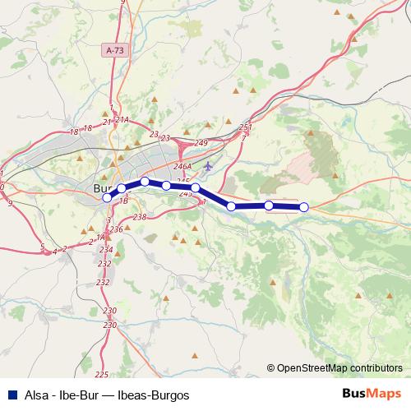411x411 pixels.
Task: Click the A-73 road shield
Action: tap(115, 50)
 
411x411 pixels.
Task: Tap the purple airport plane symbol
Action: tap(208, 168)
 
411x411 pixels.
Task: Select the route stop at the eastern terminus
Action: tap(303, 207)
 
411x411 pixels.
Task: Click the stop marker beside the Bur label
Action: tap(107, 197)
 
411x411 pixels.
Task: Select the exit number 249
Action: tap(201, 143)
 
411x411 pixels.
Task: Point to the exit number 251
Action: tap(245, 127)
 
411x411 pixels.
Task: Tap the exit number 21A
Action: tap(122, 120)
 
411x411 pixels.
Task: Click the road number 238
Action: tap(139, 217)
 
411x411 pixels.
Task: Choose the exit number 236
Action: tap(116, 229)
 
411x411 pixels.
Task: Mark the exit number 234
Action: tap(105, 248)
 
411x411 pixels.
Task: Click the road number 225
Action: tap(101, 375)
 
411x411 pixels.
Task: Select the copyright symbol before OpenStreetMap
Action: tap(271, 367)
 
